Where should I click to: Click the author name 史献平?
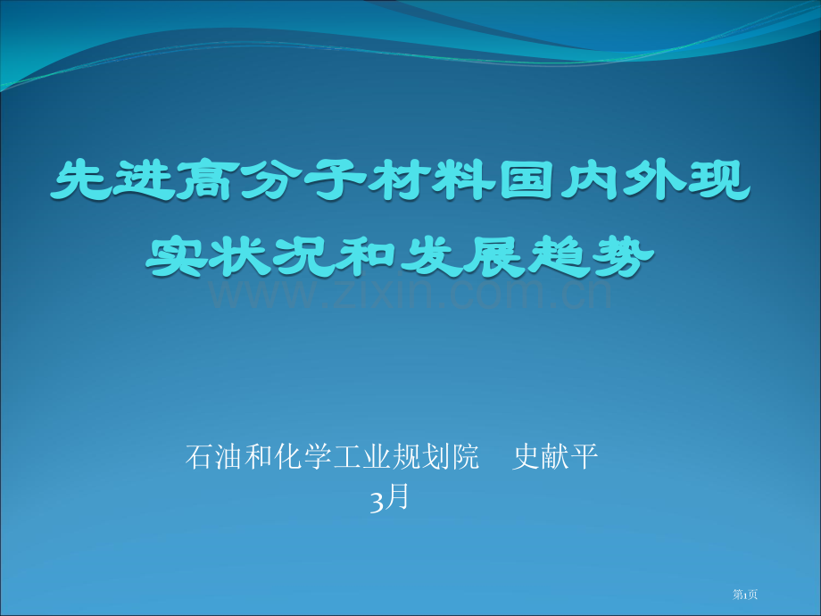pyautogui.click(x=555, y=456)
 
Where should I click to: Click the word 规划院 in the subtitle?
pyautogui.click(x=435, y=456)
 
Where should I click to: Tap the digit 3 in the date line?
pyautogui.click(x=377, y=501)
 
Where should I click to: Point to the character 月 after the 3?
pyautogui.click(x=397, y=497)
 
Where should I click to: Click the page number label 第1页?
pyautogui.click(x=745, y=595)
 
